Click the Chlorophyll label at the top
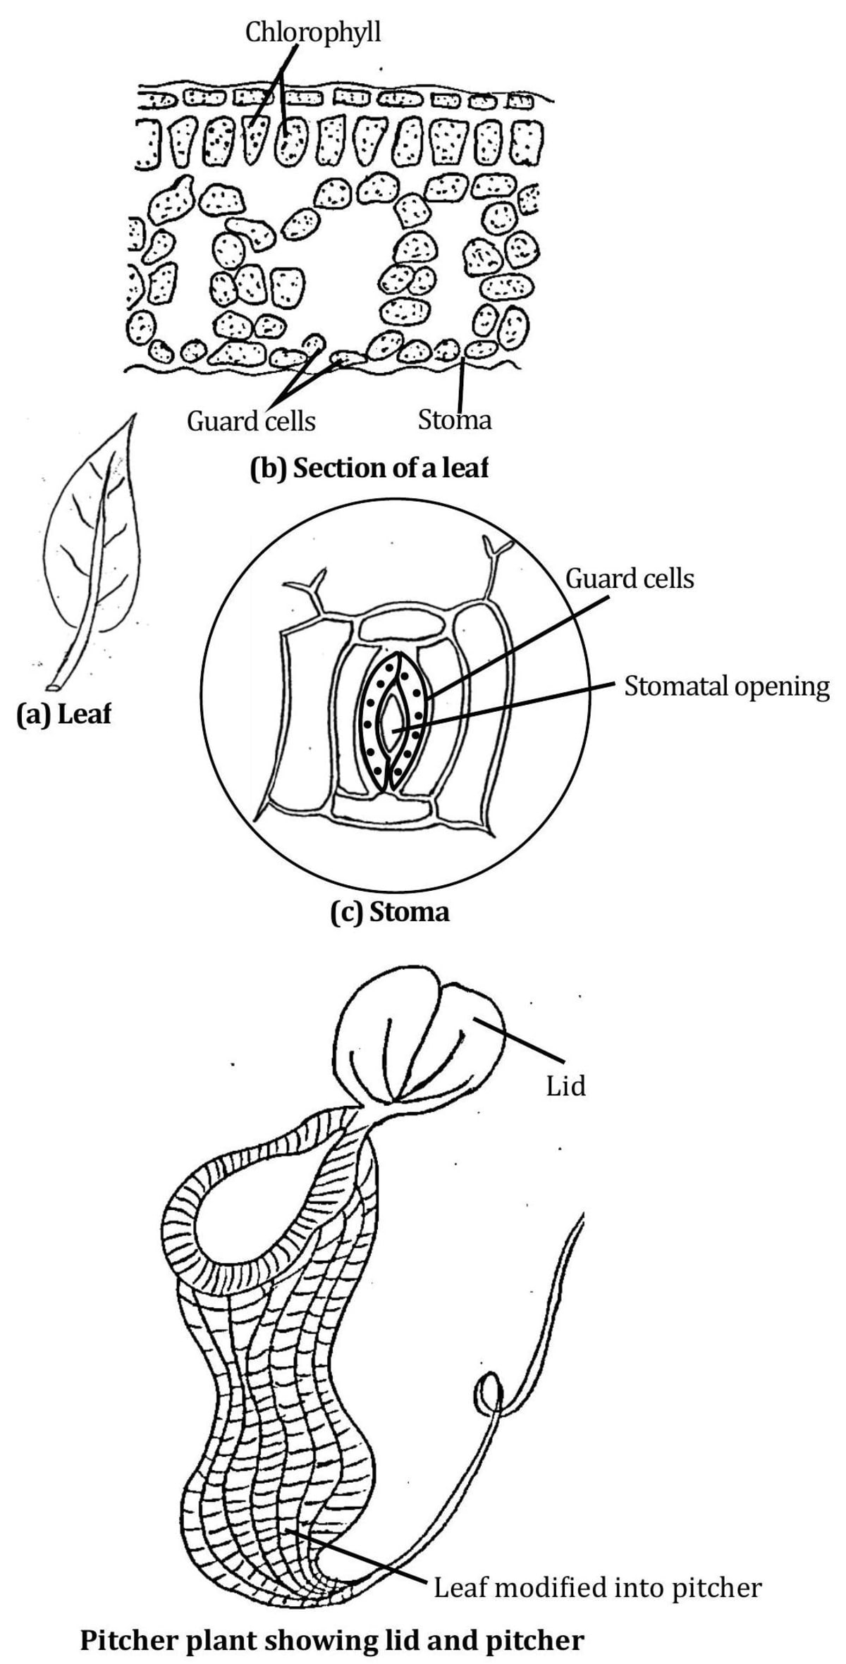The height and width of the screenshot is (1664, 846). coord(312,32)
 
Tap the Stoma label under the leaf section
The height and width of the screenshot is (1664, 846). coord(454,420)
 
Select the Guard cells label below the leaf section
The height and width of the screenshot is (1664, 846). coord(251,421)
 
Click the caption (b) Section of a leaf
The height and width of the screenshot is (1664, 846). coord(369,469)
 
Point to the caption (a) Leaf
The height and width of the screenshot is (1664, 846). coord(64,715)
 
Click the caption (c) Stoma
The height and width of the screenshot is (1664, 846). coord(390,912)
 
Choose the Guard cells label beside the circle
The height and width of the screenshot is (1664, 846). coord(630,579)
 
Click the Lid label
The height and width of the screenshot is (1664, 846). coord(565,1086)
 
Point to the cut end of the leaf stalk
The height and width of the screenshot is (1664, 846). coord(52,686)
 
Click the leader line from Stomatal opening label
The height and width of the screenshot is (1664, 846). coord(508,707)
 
